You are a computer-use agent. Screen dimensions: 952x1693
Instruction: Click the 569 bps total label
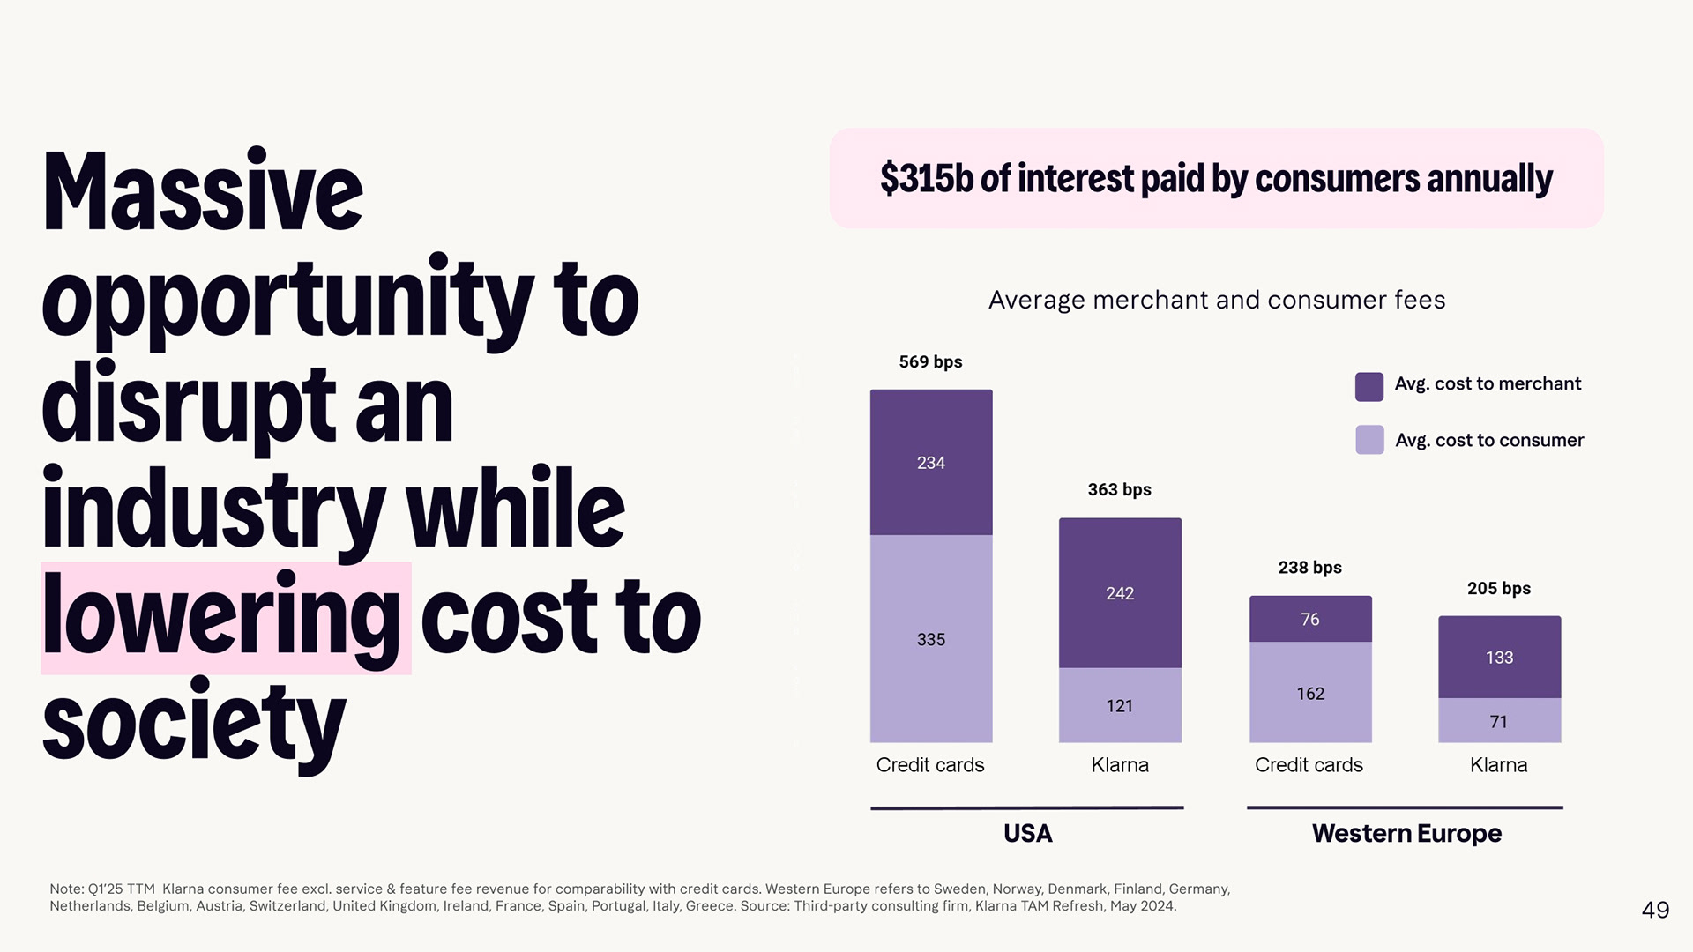click(930, 362)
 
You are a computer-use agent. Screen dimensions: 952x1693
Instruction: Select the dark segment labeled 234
click(931, 462)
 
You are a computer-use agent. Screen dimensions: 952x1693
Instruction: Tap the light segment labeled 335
click(931, 639)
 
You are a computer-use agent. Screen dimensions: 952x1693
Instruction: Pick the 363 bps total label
click(1119, 490)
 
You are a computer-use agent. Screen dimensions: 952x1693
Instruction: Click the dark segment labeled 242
click(1120, 593)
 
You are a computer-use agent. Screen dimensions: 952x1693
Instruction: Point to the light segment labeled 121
click(1120, 705)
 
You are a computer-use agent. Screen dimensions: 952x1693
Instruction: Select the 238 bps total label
click(1309, 568)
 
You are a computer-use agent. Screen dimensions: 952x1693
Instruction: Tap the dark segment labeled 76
click(1310, 619)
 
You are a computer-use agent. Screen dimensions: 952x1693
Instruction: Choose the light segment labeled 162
click(1310, 693)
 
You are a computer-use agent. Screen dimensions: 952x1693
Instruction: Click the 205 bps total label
click(1498, 589)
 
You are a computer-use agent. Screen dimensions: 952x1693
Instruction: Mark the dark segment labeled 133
click(1499, 658)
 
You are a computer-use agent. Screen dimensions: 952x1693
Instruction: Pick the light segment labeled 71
click(1499, 721)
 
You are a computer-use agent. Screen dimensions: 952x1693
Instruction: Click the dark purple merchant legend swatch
click(1369, 386)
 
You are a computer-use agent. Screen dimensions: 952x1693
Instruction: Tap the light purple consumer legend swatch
click(1369, 440)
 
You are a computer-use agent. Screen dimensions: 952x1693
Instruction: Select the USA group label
click(1027, 833)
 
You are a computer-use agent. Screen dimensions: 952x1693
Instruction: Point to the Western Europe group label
click(1406, 833)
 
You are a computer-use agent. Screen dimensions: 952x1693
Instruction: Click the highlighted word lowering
click(222, 617)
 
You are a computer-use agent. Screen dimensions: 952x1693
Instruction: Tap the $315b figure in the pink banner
click(926, 178)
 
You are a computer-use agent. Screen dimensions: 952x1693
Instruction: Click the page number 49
click(1655, 910)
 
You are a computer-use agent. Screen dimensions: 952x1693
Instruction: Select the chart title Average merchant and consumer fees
click(1216, 301)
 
